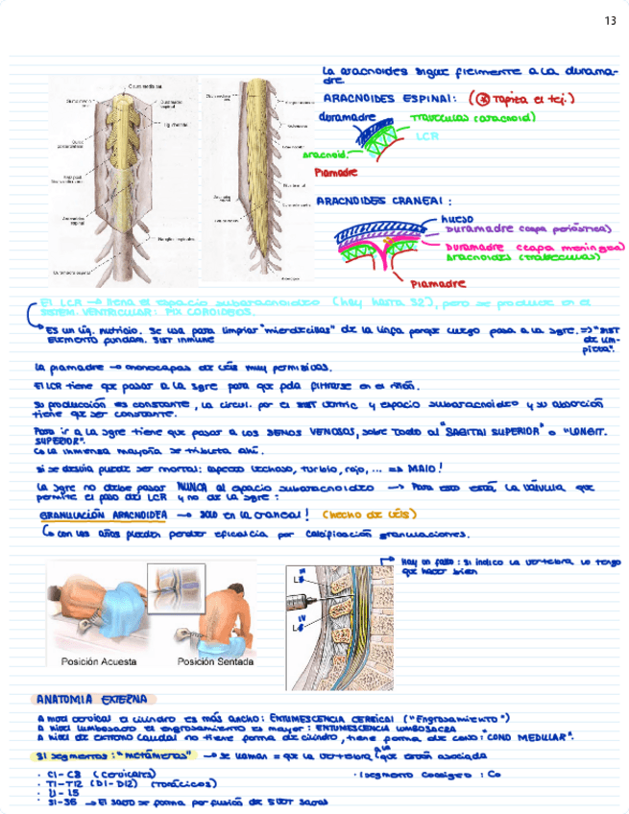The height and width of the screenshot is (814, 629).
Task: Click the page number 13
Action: tap(611, 20)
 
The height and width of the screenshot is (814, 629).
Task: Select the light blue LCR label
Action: tap(427, 136)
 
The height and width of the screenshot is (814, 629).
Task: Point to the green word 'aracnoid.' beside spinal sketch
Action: tap(325, 154)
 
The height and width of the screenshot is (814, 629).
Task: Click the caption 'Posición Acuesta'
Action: tap(99, 661)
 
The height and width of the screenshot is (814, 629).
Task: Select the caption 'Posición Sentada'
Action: tap(215, 661)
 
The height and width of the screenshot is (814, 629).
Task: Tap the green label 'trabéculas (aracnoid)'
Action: tap(472, 118)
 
